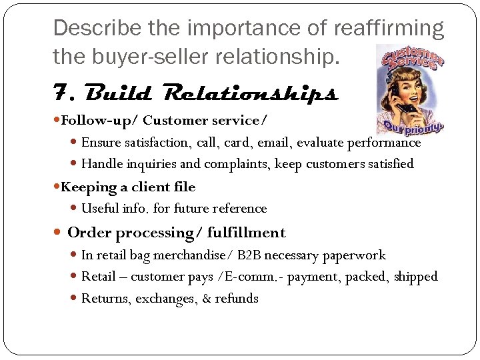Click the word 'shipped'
pyautogui.click(x=415, y=276)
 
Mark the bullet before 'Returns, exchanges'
pyautogui.click(x=74, y=298)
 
